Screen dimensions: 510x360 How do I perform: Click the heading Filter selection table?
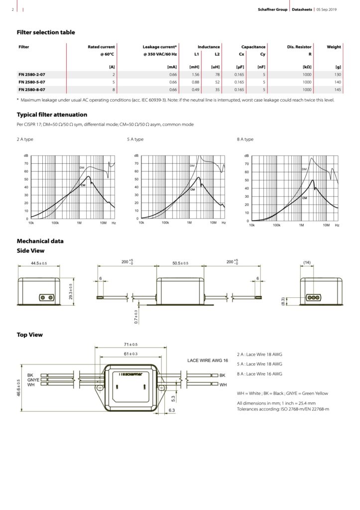click(46, 32)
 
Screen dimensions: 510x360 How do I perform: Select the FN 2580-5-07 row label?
click(32, 82)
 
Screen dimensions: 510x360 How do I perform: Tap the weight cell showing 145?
click(337, 89)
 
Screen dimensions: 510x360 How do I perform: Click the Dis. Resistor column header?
click(299, 47)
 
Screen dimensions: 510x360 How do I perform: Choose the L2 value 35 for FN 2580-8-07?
click(218, 89)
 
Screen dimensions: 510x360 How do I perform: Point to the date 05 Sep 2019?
click(327, 9)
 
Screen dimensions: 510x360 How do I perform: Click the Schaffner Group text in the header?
click(272, 9)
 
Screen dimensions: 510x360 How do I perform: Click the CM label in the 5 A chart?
click(193, 190)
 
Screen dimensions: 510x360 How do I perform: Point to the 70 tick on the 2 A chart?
click(26, 163)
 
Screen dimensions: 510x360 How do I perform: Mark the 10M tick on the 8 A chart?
click(326, 226)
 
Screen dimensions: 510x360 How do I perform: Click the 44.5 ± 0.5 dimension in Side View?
click(38, 263)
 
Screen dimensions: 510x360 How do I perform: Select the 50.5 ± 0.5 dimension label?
click(180, 263)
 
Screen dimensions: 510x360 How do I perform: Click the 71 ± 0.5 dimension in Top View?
click(131, 345)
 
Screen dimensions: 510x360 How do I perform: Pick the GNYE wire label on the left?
click(33, 380)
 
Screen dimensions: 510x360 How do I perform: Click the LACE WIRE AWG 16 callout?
click(207, 360)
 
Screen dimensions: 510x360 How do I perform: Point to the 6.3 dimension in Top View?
click(172, 410)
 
